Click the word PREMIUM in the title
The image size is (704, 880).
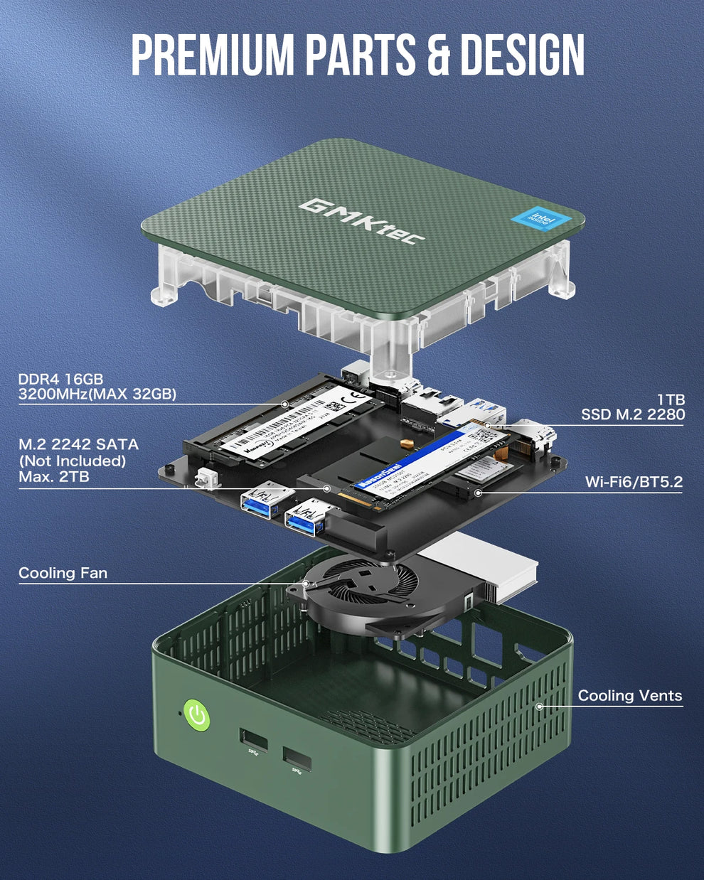point(212,55)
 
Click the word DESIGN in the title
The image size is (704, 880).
point(523,55)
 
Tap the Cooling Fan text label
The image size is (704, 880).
point(63,573)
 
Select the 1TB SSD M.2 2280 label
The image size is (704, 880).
point(632,407)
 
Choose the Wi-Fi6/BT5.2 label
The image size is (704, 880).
point(633,482)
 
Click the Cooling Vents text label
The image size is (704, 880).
point(629,696)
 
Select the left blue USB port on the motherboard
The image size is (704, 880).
point(264,505)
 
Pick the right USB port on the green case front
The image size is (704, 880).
point(297,759)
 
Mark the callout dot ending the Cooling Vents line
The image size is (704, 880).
point(539,707)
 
